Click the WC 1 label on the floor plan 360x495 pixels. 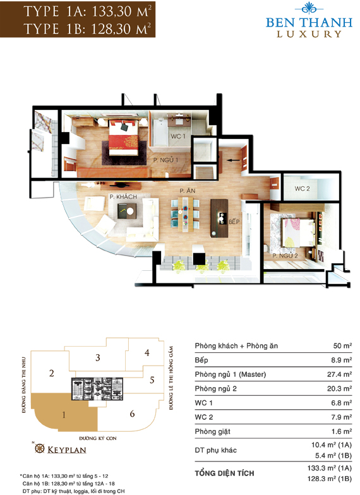pyautogui.click(x=178, y=136)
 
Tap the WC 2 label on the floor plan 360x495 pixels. pyautogui.click(x=302, y=188)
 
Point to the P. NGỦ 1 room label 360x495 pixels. pyautogui.click(x=165, y=160)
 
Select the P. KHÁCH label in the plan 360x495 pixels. pyautogui.click(x=123, y=197)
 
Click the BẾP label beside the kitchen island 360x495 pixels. pyautogui.click(x=234, y=222)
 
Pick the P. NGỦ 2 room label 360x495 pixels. pyautogui.click(x=285, y=256)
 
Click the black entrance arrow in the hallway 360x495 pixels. pyautogui.click(x=234, y=160)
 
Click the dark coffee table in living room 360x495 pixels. pyautogui.click(x=127, y=211)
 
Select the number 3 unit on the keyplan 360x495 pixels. pyautogui.click(x=98, y=357)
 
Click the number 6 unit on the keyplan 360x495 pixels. pyautogui.click(x=132, y=413)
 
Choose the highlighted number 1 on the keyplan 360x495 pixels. pyautogui.click(x=64, y=414)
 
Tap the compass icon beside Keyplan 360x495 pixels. pyautogui.click(x=39, y=448)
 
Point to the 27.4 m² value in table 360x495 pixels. pyautogui.click(x=340, y=374)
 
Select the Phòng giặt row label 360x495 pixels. pyautogui.click(x=212, y=432)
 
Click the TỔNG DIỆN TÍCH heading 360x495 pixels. pyautogui.click(x=224, y=474)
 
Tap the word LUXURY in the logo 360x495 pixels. pyautogui.click(x=309, y=34)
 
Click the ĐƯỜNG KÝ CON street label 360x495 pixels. pyautogui.click(x=98, y=438)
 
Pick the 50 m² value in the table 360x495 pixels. pyautogui.click(x=342, y=346)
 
